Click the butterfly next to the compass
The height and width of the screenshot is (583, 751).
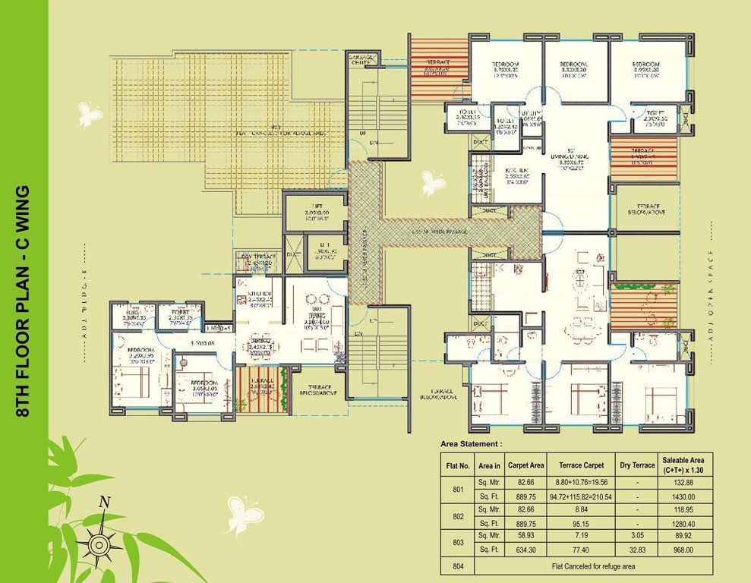point(244,515)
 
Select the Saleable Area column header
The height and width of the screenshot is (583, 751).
point(683,465)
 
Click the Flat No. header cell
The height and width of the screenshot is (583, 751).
point(458,465)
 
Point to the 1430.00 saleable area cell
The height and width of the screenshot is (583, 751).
point(683,497)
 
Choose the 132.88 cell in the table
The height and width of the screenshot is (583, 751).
point(683,482)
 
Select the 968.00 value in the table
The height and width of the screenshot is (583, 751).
point(683,550)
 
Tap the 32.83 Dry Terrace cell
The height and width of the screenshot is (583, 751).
point(636,550)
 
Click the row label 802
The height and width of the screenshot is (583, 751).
point(458,516)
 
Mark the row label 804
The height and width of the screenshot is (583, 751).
point(458,566)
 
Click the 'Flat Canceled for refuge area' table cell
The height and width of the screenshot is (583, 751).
point(593,566)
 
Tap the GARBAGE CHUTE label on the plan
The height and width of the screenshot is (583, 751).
point(364,61)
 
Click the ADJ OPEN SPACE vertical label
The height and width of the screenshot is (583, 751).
point(712,285)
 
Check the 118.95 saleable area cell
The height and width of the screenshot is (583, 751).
point(683,509)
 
